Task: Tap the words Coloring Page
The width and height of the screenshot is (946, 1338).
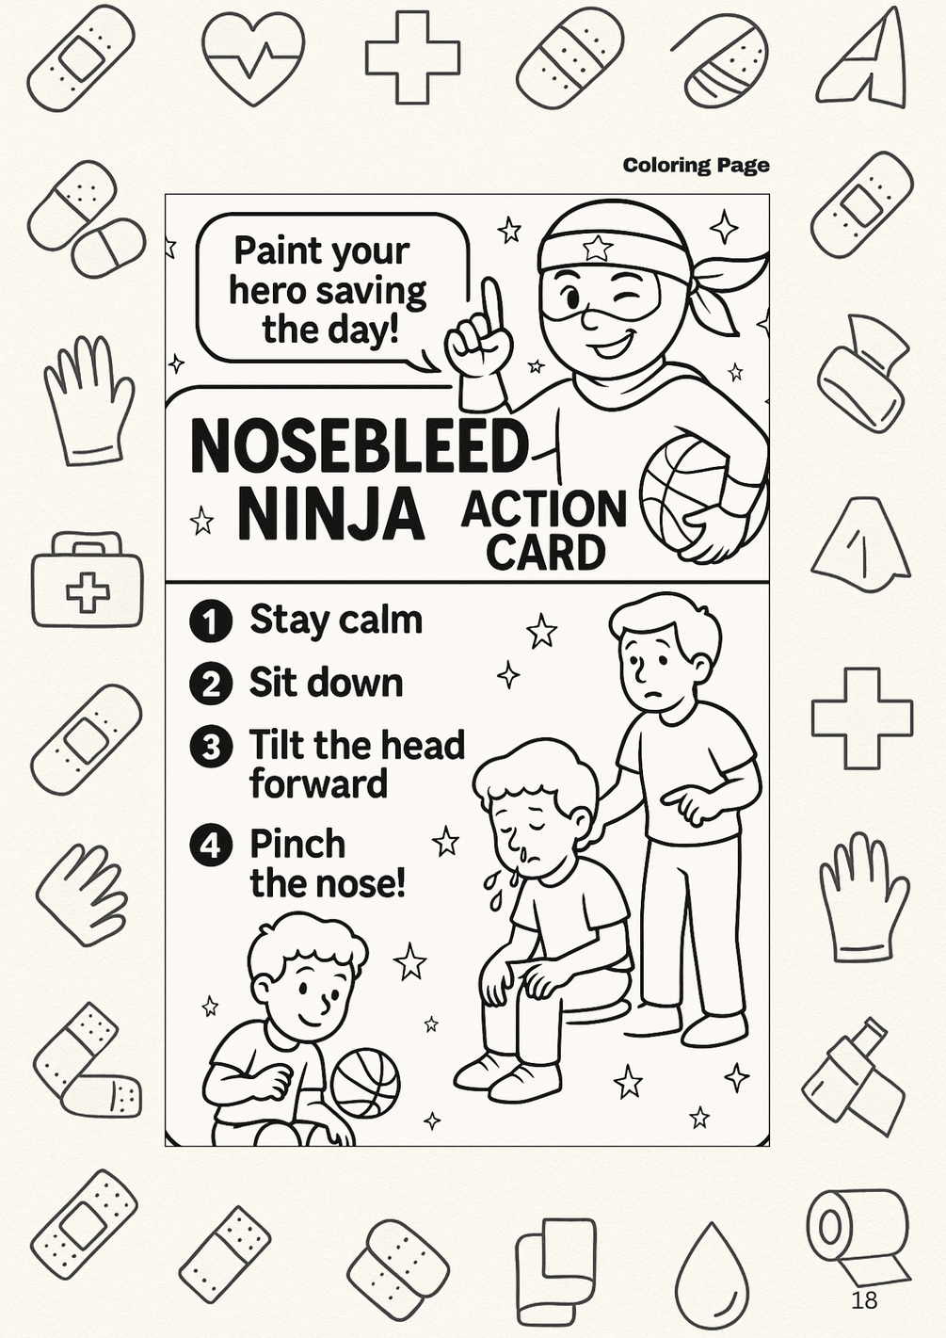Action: tap(696, 166)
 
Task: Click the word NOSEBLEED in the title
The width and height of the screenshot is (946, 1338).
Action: tap(357, 447)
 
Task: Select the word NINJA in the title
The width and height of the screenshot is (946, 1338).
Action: tap(330, 512)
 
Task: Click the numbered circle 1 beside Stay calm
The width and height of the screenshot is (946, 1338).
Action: tap(210, 621)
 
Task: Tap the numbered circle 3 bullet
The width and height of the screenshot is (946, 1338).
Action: tap(210, 748)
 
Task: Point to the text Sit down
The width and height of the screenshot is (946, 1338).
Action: tap(326, 682)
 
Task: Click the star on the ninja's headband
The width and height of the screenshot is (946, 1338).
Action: tap(594, 247)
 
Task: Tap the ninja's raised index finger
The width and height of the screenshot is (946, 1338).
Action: tap(491, 306)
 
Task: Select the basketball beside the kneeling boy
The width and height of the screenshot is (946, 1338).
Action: tap(365, 1084)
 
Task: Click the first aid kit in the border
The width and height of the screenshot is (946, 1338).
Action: tap(88, 579)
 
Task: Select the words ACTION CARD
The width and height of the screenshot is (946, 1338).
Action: tap(544, 530)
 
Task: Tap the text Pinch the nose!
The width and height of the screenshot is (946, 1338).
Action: tap(328, 863)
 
